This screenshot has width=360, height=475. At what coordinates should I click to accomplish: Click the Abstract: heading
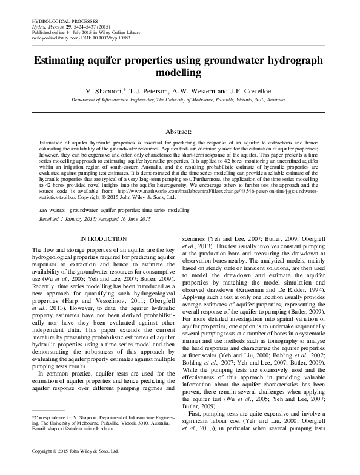[179, 131]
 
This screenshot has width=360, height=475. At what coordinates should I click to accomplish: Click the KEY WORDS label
[52, 209]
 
